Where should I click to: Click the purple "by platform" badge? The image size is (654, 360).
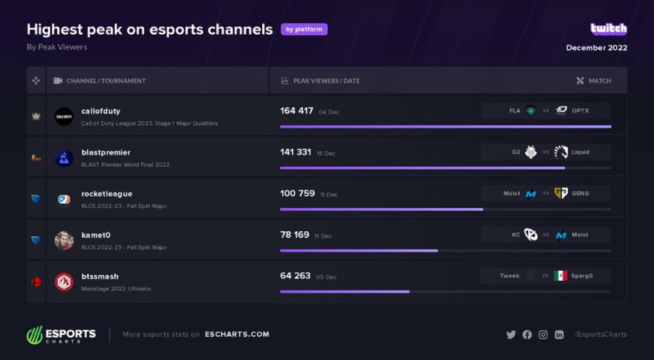304,29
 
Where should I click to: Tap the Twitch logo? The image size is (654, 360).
608,29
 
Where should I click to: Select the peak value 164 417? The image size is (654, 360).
297,111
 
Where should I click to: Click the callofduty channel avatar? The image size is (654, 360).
64,116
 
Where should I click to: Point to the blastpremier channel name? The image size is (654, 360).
106,152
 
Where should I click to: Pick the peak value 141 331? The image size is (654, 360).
296,152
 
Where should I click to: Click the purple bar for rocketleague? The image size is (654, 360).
381,209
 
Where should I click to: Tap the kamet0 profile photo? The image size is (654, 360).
64,240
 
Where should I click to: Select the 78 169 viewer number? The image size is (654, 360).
294,235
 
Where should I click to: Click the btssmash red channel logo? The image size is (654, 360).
64,281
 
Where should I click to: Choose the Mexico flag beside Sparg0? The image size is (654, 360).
560,276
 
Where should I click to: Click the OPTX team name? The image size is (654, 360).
580,111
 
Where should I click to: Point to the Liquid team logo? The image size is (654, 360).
561,152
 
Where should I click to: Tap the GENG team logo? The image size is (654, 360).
561,193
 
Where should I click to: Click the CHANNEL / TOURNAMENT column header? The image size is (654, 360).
106,81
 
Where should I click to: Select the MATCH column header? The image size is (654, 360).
599,81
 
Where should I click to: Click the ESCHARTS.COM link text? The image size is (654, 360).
237,334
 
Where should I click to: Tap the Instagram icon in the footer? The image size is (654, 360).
543,335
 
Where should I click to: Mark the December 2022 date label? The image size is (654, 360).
597,48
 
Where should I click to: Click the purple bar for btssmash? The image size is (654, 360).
344,291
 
